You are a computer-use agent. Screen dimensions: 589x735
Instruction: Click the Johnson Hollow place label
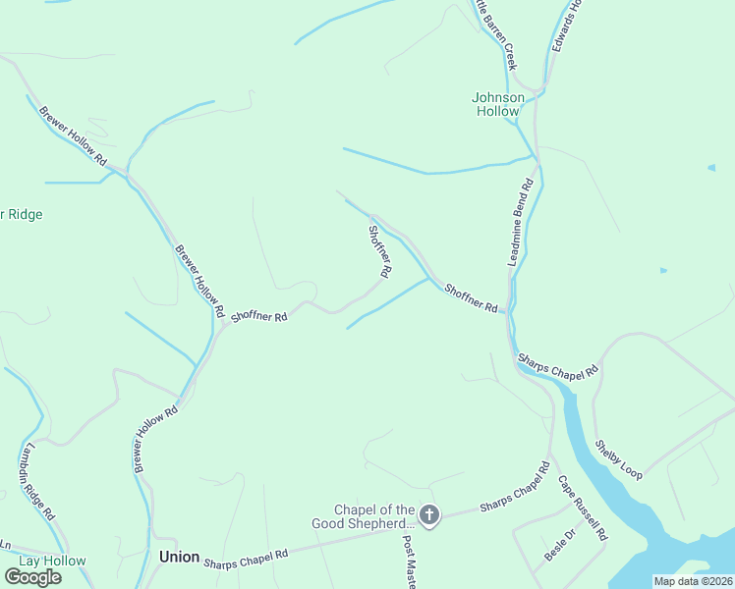point(498,104)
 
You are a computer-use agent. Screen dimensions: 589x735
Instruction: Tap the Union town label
point(179,557)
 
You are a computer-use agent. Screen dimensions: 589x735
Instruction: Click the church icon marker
point(429,514)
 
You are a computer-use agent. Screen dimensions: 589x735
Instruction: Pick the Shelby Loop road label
point(618,458)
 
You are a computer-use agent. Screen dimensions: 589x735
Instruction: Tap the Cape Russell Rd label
point(584,509)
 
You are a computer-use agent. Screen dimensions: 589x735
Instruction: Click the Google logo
point(31,577)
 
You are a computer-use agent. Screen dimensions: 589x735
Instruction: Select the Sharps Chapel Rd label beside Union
point(246,559)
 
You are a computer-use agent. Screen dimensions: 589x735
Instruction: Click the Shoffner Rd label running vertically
point(380,250)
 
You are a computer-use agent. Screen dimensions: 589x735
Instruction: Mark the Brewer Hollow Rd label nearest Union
point(155,439)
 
